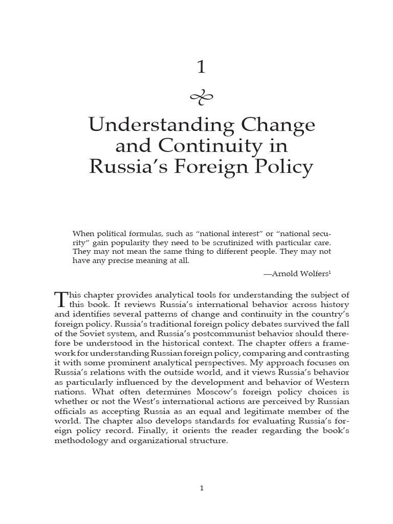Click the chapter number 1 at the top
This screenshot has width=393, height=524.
click(201, 67)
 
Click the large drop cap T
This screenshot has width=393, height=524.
click(60, 299)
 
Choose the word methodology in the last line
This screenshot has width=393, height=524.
click(81, 441)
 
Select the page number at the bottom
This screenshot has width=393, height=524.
click(202, 488)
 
